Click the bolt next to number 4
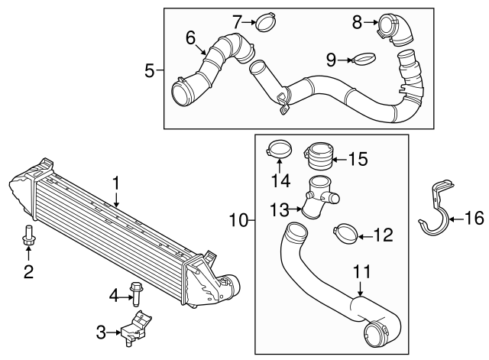137,293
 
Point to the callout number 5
150,71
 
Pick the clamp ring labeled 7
264,22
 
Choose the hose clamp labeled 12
344,235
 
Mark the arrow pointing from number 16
455,219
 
